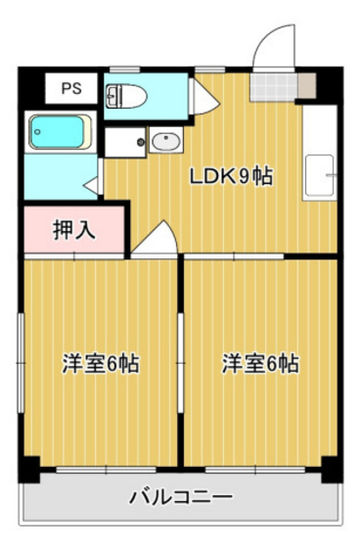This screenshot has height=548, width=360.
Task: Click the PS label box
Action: pos(71,88)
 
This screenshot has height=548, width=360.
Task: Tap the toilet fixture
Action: pos(126,96)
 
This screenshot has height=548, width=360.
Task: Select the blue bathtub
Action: pos(60,132)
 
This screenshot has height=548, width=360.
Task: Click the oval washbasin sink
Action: pos(166,141)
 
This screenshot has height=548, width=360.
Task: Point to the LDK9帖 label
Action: pos(231,176)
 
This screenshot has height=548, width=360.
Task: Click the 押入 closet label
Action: pos(74,230)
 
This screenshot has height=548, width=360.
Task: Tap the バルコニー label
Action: pos(181,496)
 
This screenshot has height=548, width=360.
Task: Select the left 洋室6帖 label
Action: pos(101,363)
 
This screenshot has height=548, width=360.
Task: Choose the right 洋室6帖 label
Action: pos(261,363)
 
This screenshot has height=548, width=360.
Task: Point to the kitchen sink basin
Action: pos(320,175)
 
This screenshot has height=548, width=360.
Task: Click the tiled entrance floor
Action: pos(273,87)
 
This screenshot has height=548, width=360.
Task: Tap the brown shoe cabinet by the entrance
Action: pos(307,86)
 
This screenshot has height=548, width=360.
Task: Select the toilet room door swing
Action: pos(204,97)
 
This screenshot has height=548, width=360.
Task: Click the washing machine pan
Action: pos(125,142)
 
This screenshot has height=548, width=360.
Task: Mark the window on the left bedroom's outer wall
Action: pos(21,363)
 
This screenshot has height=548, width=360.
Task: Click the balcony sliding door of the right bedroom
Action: pos(255,470)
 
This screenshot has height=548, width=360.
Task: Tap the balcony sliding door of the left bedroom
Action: pos(106,470)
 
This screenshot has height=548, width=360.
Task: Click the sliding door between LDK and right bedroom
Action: pos(234,256)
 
